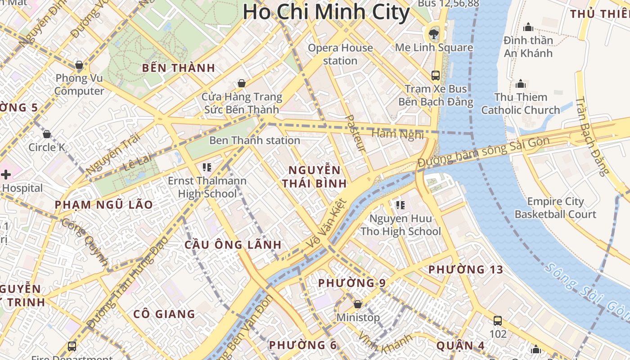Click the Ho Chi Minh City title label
[x=326, y=12]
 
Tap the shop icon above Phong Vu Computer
[x=79, y=65]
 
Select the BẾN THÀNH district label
[x=178, y=68]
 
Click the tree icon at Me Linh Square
[x=434, y=32]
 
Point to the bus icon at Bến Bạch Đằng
[x=435, y=75]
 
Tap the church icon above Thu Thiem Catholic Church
[x=521, y=84]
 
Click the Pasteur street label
[x=355, y=133]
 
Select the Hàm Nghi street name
[x=398, y=134]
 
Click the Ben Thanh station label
[x=255, y=140]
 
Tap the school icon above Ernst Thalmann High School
[x=207, y=168]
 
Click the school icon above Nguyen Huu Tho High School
[x=400, y=205]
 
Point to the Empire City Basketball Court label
[x=555, y=208]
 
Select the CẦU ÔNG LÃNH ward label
[x=233, y=245]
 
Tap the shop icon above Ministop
[x=358, y=305]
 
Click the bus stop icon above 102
[x=498, y=321]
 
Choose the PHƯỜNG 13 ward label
[x=465, y=270]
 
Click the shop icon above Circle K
[x=47, y=134]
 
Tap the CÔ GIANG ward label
[x=164, y=314]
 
